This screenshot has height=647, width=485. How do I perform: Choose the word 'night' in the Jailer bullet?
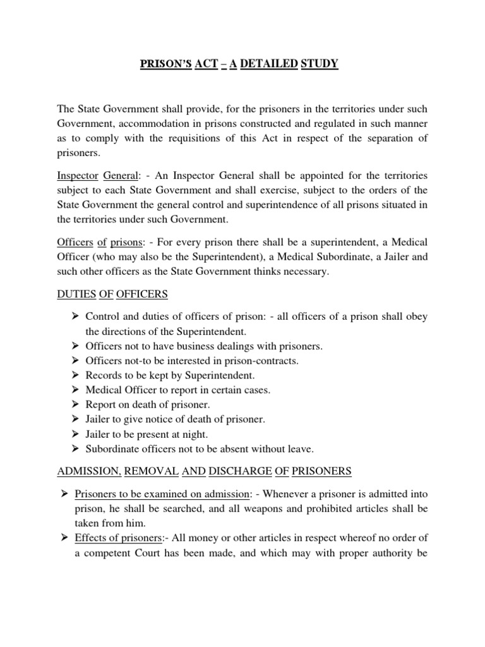pyautogui.click(x=193, y=434)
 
